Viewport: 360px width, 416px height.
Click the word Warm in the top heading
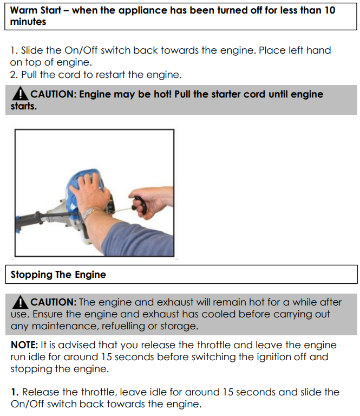(23, 10)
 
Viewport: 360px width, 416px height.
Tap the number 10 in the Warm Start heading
(330, 10)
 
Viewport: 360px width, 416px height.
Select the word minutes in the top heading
(28, 22)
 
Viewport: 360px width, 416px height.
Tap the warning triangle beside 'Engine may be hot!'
(20, 94)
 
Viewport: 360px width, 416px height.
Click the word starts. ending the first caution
(24, 106)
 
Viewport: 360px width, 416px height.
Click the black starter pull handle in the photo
(141, 205)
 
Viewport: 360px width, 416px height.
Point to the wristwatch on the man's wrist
(90, 212)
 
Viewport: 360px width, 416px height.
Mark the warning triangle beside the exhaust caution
(20, 302)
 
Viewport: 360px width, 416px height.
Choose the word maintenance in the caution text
(65, 326)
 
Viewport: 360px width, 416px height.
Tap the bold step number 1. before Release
(15, 392)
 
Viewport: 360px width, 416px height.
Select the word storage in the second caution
(179, 326)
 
